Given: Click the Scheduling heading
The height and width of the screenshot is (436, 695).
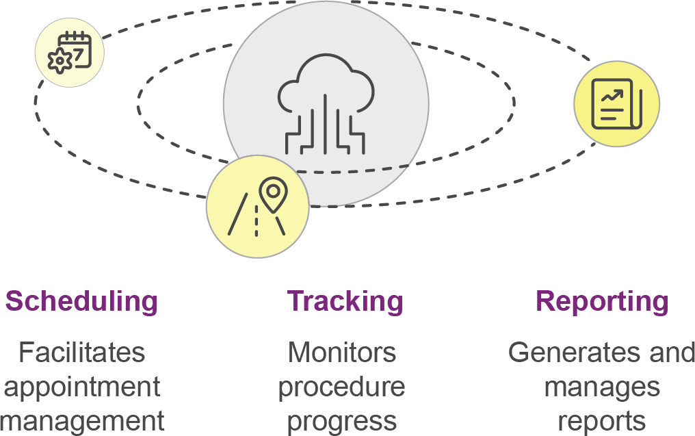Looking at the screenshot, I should (81, 301).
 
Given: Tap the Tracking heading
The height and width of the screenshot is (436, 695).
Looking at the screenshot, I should (345, 301).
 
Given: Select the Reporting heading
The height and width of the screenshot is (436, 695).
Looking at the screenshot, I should (601, 301).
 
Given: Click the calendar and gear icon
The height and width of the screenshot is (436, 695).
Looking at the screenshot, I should (69, 52).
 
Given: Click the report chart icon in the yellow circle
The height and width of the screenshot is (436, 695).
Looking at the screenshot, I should (616, 103).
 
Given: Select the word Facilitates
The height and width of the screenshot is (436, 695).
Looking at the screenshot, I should (81, 352).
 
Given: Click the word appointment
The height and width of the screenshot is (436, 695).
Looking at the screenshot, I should (82, 387).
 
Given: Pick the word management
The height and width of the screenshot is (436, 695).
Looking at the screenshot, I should (83, 420).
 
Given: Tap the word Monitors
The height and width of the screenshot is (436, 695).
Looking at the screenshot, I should (341, 352).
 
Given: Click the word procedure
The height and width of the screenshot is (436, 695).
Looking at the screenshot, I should (341, 387).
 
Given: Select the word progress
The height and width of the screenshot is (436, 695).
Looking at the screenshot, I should (341, 420).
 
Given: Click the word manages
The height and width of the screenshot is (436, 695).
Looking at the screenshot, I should (602, 387).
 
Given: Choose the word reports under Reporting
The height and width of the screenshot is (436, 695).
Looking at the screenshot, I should (601, 420).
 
